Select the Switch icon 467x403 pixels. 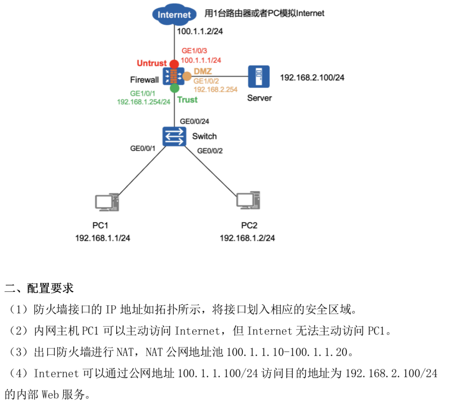(x=174, y=136)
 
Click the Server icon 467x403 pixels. (x=258, y=77)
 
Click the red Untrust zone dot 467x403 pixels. (x=174, y=63)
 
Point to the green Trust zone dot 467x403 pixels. (x=174, y=88)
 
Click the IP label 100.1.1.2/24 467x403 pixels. (x=199, y=32)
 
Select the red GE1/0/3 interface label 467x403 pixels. (x=195, y=51)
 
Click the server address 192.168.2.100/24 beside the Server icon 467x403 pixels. (x=312, y=77)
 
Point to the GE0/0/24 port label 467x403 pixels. (x=195, y=121)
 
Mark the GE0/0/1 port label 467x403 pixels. (x=142, y=148)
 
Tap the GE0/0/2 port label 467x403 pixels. (x=210, y=150)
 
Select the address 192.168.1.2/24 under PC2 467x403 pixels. (x=247, y=238)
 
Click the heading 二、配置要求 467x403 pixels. (x=39, y=288)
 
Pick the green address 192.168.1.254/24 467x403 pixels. (x=144, y=102)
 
